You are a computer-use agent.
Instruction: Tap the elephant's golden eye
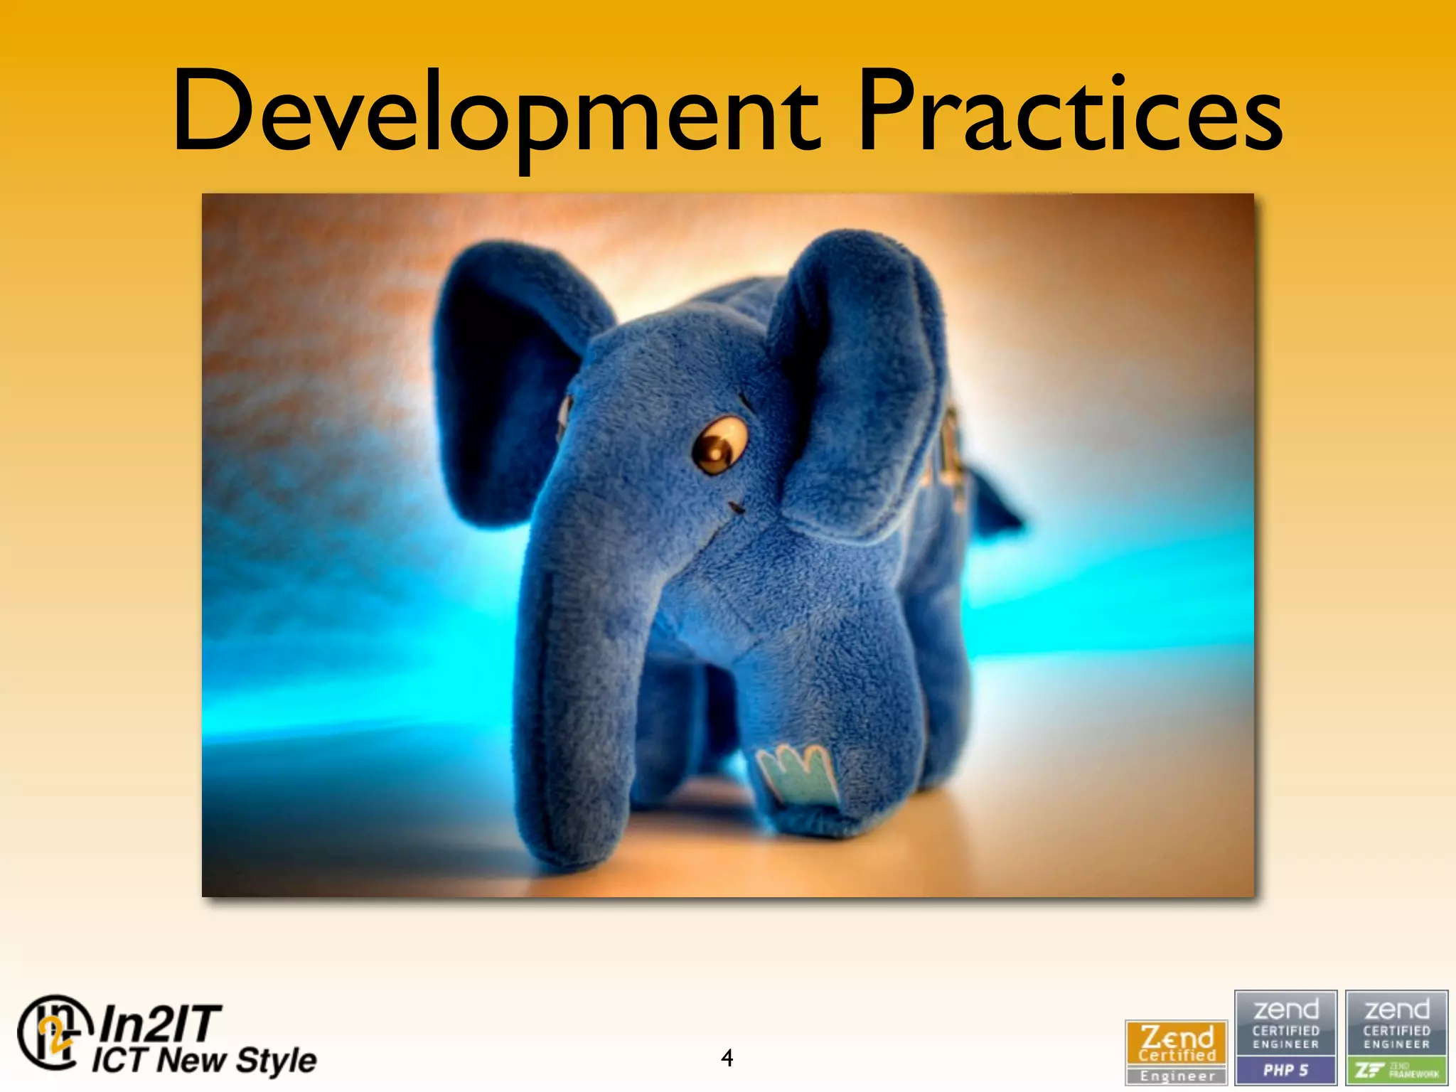[x=719, y=445]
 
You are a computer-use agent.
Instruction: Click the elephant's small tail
[x=995, y=501]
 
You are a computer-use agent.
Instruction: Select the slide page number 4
[x=727, y=1058]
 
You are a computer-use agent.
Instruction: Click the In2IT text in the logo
[x=161, y=1024]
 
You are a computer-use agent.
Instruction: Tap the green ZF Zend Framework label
[x=1397, y=1070]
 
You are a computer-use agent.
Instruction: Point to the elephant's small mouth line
[x=736, y=508]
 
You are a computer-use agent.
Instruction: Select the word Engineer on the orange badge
[x=1177, y=1076]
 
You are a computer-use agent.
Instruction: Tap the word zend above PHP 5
[x=1285, y=1009]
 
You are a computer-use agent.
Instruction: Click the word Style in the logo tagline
[x=276, y=1061]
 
